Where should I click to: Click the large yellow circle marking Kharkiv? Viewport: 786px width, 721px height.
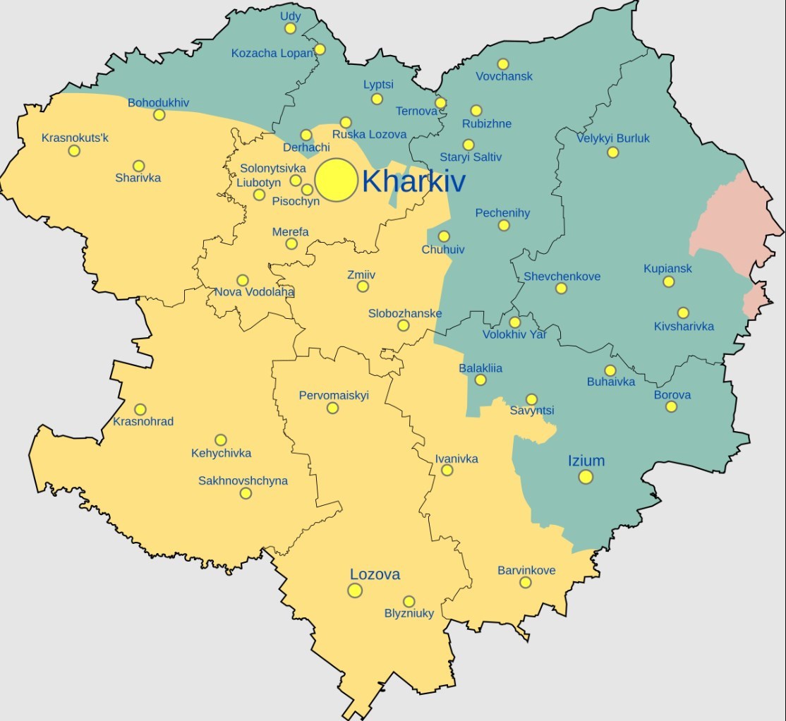coord(336,180)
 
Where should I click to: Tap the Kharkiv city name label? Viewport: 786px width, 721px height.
coord(413,182)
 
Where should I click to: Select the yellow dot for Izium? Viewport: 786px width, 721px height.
coord(586,477)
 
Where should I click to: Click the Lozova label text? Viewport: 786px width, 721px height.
coord(375,574)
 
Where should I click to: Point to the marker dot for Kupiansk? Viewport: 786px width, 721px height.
coord(668,282)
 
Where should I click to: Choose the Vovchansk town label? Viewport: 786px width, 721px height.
coord(504,76)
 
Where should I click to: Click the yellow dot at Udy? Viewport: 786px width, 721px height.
coord(290,28)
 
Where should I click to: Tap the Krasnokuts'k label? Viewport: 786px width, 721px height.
coord(75,137)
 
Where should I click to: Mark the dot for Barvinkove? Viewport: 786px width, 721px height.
coord(525,582)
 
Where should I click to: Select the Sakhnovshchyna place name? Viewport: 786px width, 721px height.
coord(243,481)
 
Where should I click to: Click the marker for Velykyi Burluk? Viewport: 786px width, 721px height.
coord(612,152)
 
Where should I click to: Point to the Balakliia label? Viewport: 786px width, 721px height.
coord(480,368)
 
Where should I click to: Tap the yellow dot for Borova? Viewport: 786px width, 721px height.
coord(671,407)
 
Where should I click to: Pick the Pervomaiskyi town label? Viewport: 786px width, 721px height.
coord(334,396)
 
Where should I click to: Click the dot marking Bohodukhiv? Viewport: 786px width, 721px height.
coord(159,115)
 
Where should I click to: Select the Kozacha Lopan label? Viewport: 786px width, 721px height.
coord(272,54)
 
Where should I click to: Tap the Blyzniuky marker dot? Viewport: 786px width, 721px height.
coord(409,601)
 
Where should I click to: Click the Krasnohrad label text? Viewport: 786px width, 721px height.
coord(143,422)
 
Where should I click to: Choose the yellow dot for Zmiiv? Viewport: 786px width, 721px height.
coord(363,286)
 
